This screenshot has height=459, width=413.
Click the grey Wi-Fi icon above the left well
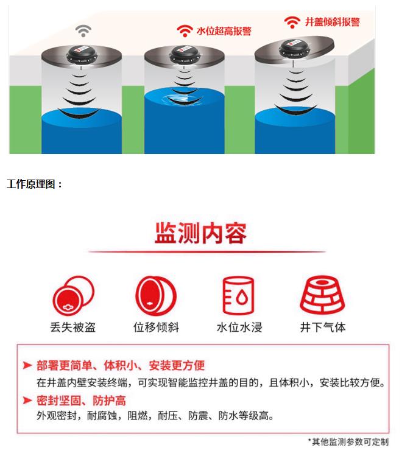click(x=83, y=29)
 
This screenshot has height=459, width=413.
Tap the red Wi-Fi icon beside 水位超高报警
click(x=185, y=30)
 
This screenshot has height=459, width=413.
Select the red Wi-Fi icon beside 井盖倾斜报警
click(x=293, y=23)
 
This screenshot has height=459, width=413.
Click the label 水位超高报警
click(x=224, y=31)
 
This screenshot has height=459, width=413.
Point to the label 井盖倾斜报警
click(x=332, y=22)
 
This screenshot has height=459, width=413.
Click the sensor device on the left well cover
click(x=83, y=54)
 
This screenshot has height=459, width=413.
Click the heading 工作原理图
click(x=35, y=184)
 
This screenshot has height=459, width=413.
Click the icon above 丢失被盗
click(x=72, y=296)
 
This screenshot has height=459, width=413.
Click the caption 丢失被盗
click(x=72, y=327)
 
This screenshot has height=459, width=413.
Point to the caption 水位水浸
click(x=239, y=327)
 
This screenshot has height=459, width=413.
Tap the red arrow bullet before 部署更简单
click(x=27, y=366)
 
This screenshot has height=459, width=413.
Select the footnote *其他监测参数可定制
click(x=348, y=442)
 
